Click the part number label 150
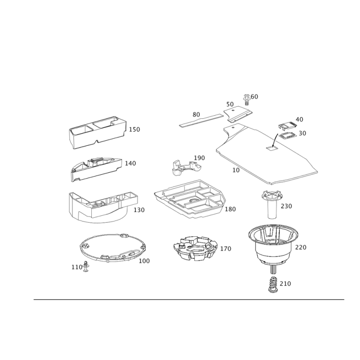(134, 130)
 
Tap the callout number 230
(286, 206)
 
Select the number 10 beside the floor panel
(236, 170)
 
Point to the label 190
(199, 158)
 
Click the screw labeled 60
(246, 99)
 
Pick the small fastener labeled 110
(86, 266)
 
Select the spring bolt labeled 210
(273, 285)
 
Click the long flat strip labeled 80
(201, 120)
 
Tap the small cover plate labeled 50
(238, 114)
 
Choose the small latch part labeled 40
(287, 126)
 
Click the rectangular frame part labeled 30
(287, 136)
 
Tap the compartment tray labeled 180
(190, 199)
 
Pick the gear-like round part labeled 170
(195, 248)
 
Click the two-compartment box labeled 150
(98, 132)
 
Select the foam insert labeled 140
(96, 169)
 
